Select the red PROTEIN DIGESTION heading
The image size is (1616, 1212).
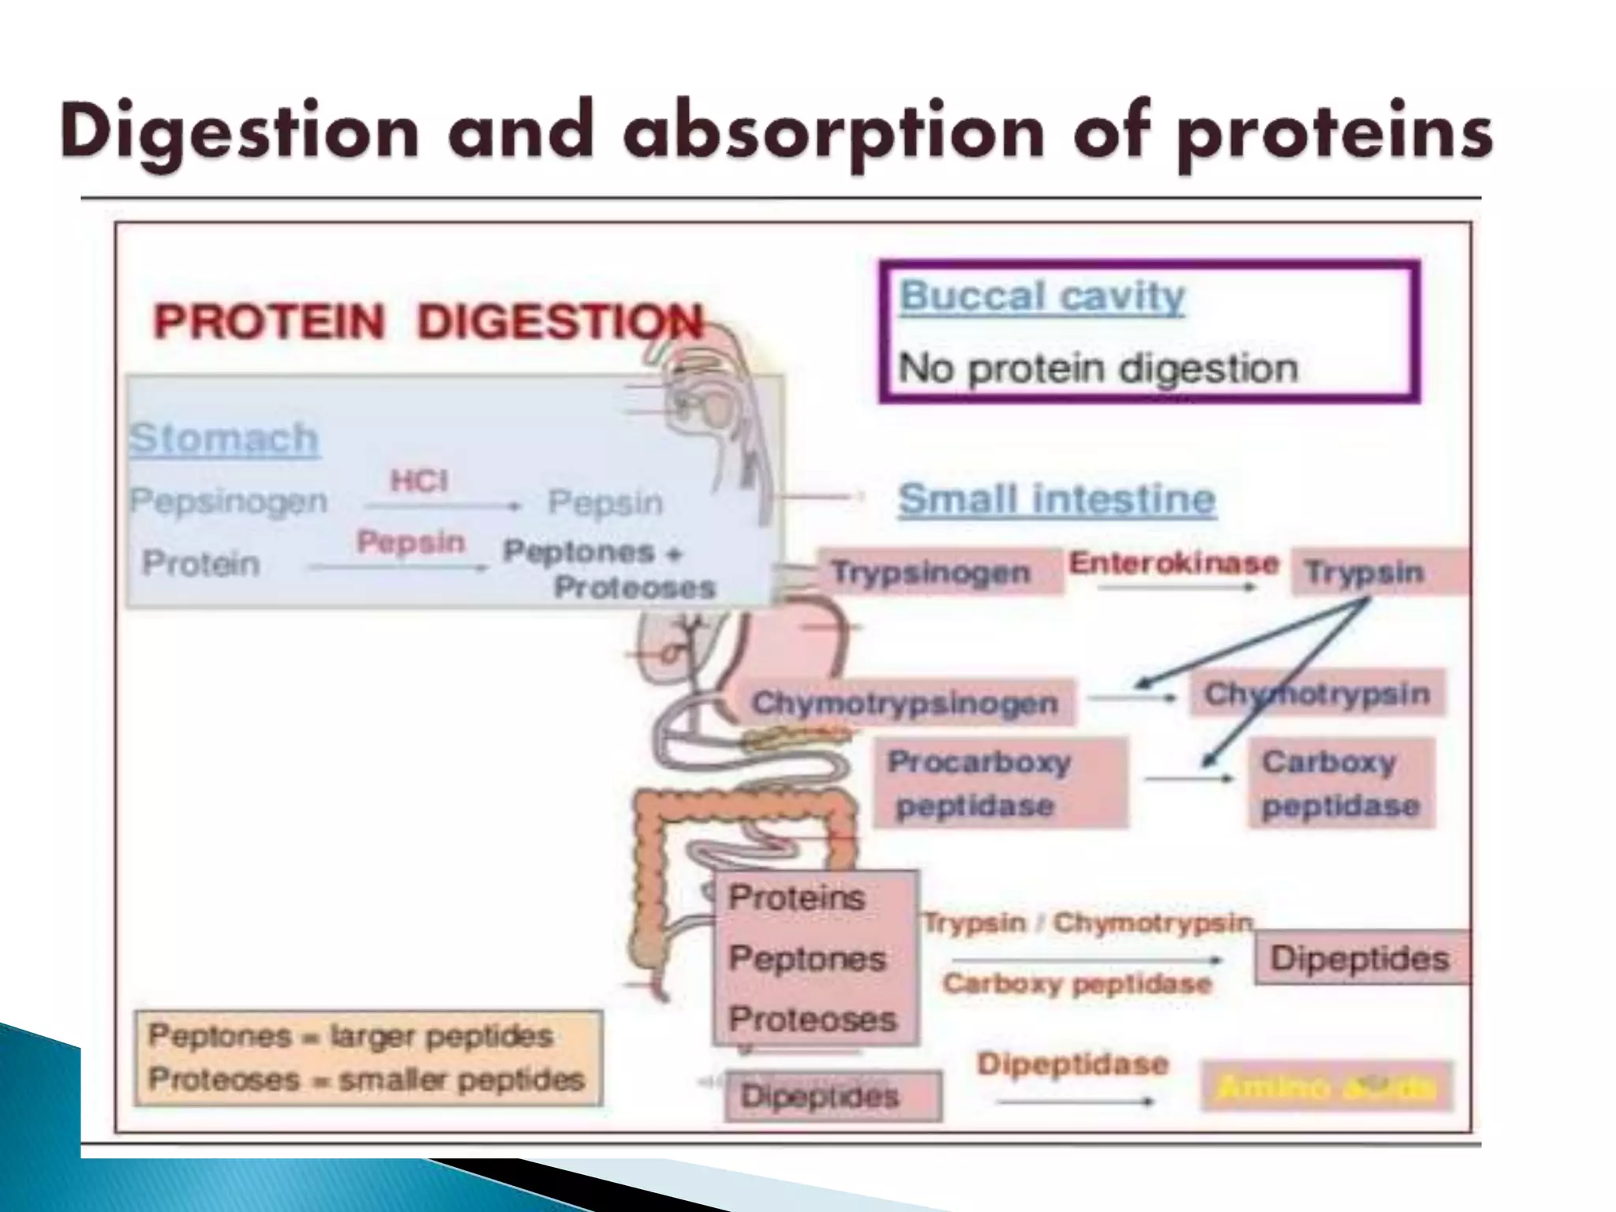(427, 322)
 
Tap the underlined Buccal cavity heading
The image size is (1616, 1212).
(1042, 297)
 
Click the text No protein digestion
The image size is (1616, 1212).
(1098, 368)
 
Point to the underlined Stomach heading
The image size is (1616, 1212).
(224, 438)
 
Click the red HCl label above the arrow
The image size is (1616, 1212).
(419, 481)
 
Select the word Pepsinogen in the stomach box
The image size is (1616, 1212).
(228, 501)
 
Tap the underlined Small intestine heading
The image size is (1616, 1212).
(1057, 499)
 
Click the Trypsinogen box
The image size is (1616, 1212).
(931, 572)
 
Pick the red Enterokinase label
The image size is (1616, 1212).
(1173, 563)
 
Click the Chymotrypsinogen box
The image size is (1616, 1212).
(904, 702)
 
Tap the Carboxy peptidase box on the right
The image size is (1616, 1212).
(1340, 783)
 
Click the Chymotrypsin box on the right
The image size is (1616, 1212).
(1316, 694)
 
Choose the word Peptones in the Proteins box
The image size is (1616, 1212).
(807, 958)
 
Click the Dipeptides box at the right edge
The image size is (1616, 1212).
(1360, 959)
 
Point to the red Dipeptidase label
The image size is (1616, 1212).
(1072, 1064)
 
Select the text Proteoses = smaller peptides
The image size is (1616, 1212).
(366, 1079)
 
